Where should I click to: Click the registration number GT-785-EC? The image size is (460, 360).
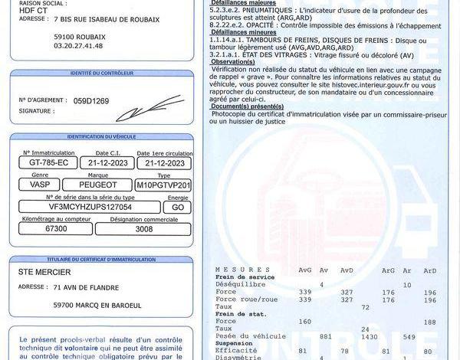click(48, 163)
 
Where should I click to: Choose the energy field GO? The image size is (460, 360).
click(178, 207)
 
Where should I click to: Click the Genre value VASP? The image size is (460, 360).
click(39, 185)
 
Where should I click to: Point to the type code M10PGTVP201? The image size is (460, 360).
click(163, 185)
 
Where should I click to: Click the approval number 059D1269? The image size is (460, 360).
click(91, 100)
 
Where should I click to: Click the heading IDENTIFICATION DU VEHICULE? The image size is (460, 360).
click(101, 136)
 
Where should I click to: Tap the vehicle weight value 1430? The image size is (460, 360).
click(347, 336)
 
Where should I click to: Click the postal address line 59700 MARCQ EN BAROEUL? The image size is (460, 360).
click(97, 305)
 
